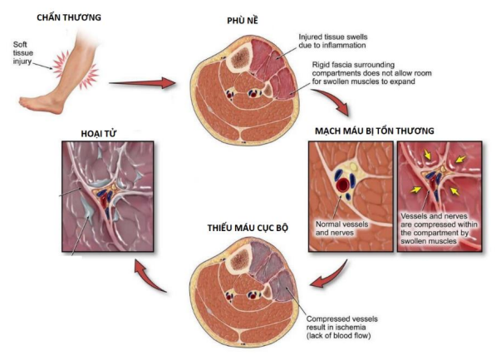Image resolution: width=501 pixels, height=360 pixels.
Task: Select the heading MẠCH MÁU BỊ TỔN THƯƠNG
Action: pyautogui.click(x=386, y=131)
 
